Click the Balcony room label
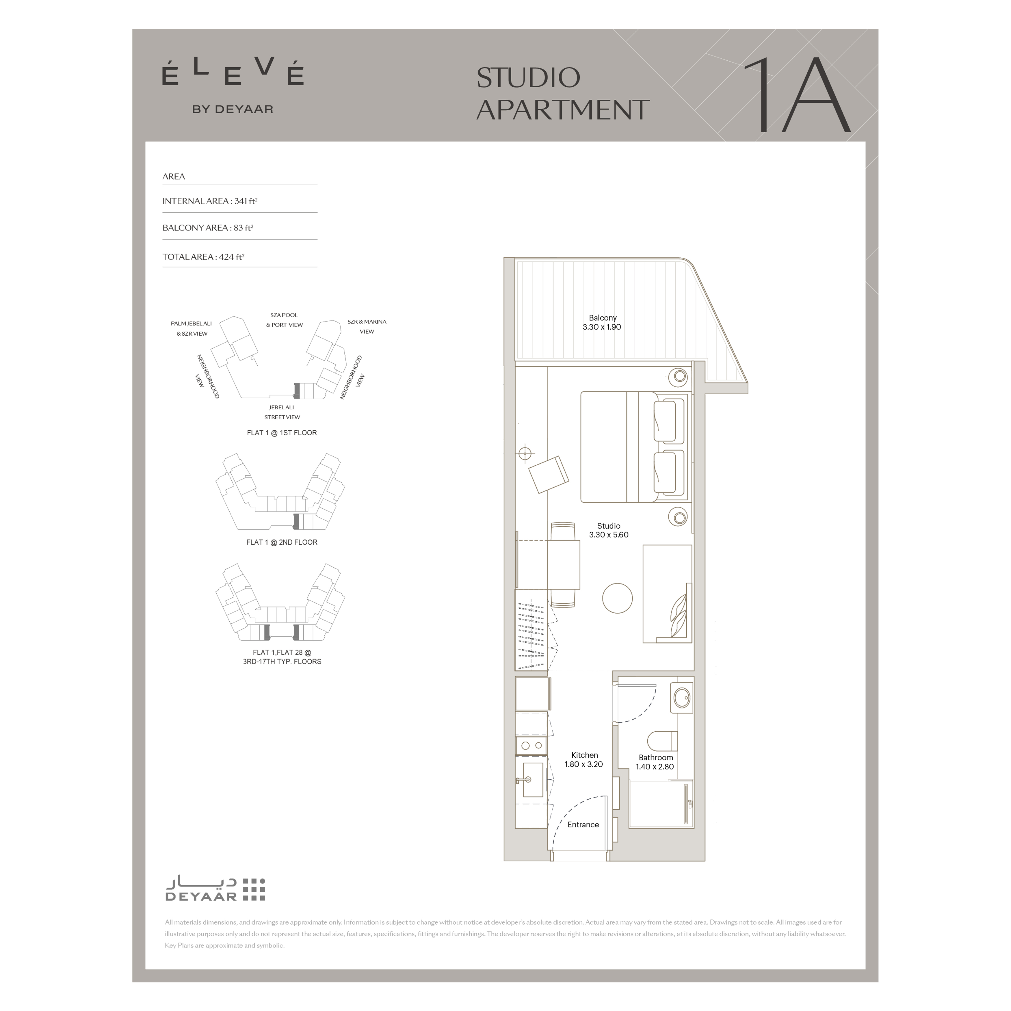[602, 318]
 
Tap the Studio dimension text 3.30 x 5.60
[609, 535]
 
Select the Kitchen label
[585, 755]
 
